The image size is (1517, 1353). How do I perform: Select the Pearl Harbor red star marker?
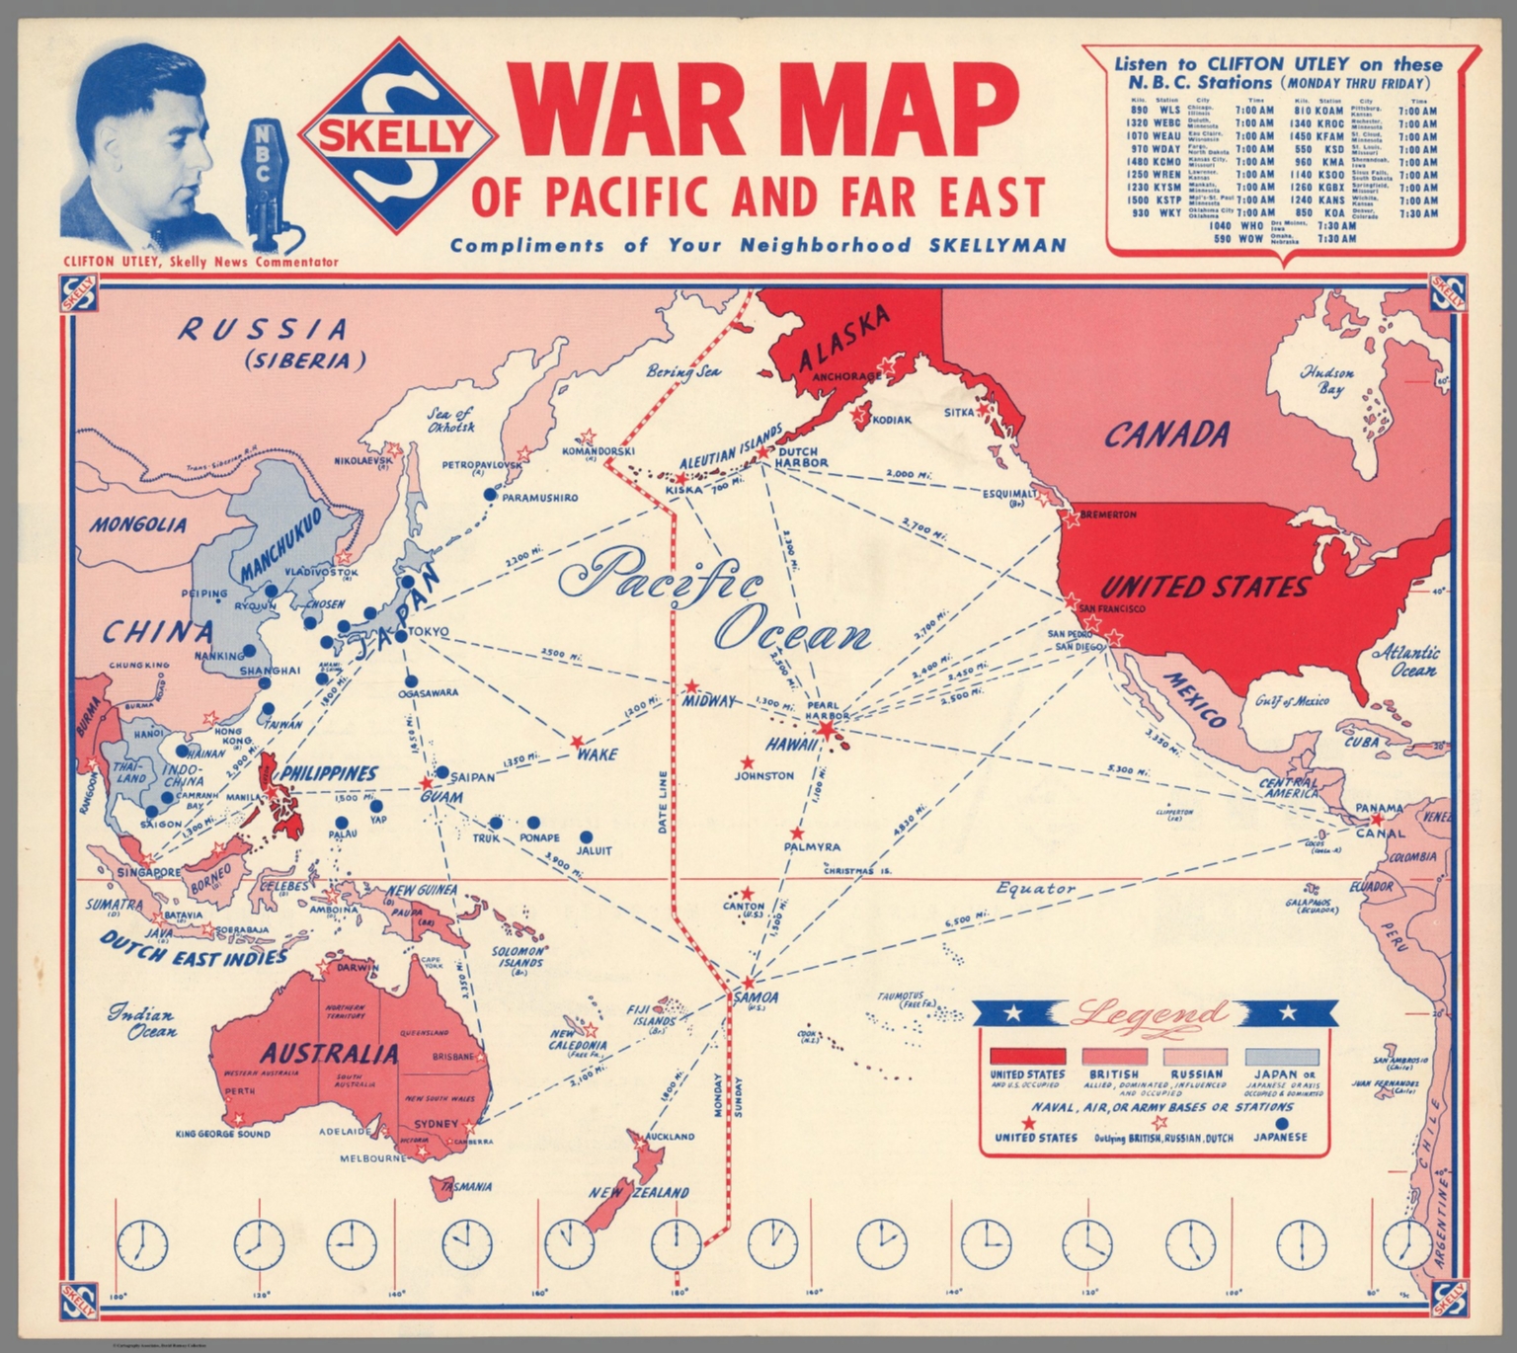[827, 730]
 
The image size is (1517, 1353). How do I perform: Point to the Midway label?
[710, 701]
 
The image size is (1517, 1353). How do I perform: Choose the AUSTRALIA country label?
[329, 1054]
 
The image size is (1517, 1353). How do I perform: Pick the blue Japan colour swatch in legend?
[1281, 1058]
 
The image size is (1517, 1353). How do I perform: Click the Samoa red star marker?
[750, 984]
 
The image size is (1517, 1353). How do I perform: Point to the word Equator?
[1035, 888]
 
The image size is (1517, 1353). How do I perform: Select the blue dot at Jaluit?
[586, 837]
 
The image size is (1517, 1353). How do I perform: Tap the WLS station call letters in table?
[1169, 111]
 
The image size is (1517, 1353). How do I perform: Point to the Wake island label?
[598, 756]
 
